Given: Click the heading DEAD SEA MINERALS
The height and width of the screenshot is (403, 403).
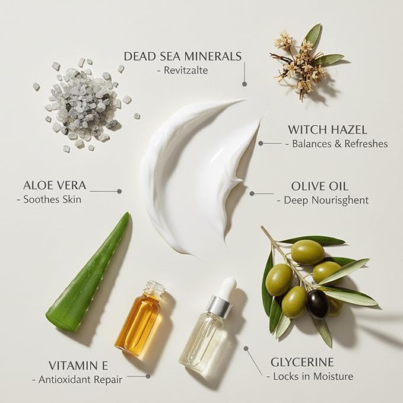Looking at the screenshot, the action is pos(183,56).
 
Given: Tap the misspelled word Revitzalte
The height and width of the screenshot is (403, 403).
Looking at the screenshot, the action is pos(186,71).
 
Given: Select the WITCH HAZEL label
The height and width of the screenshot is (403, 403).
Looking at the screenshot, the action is pos(328,129).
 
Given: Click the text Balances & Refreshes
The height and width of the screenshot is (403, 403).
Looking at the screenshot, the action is pos(340,144).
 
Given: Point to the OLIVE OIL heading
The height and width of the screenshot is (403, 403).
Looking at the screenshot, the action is pos(319,186).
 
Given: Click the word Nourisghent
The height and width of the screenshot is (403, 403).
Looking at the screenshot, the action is pos(342,201).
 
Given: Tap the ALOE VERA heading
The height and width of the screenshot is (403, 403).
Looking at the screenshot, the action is pos(55,185).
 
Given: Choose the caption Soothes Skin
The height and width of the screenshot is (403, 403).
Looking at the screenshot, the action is pos(52,199).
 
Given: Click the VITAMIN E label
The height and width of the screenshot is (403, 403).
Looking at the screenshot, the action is pos(78,366).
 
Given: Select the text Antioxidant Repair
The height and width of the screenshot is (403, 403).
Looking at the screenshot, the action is pos(81,380).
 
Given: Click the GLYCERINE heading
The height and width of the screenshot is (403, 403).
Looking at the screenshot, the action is pos(302,362).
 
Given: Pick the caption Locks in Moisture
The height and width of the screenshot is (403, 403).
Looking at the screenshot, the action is pos(313,376).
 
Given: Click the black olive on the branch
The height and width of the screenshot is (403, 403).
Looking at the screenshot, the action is pos(318,304).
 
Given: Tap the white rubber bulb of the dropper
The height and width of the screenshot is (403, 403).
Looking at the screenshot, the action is pos(228,287).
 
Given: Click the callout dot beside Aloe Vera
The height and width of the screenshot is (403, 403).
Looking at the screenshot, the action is pos(119,191).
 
